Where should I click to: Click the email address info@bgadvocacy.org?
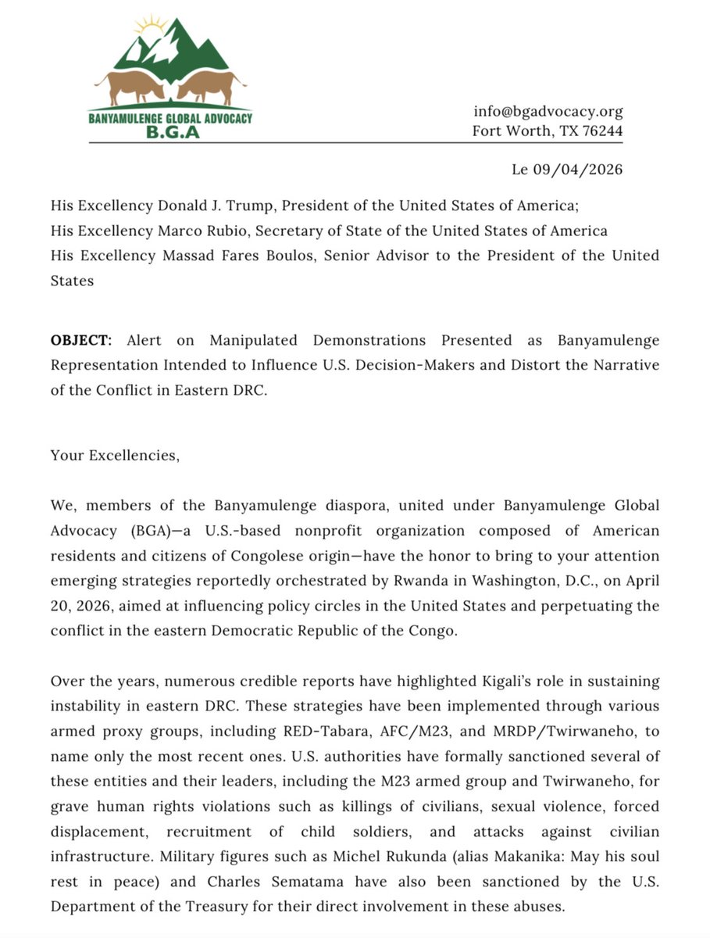click(x=548, y=111)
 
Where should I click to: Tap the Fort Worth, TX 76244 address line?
click(x=547, y=131)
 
